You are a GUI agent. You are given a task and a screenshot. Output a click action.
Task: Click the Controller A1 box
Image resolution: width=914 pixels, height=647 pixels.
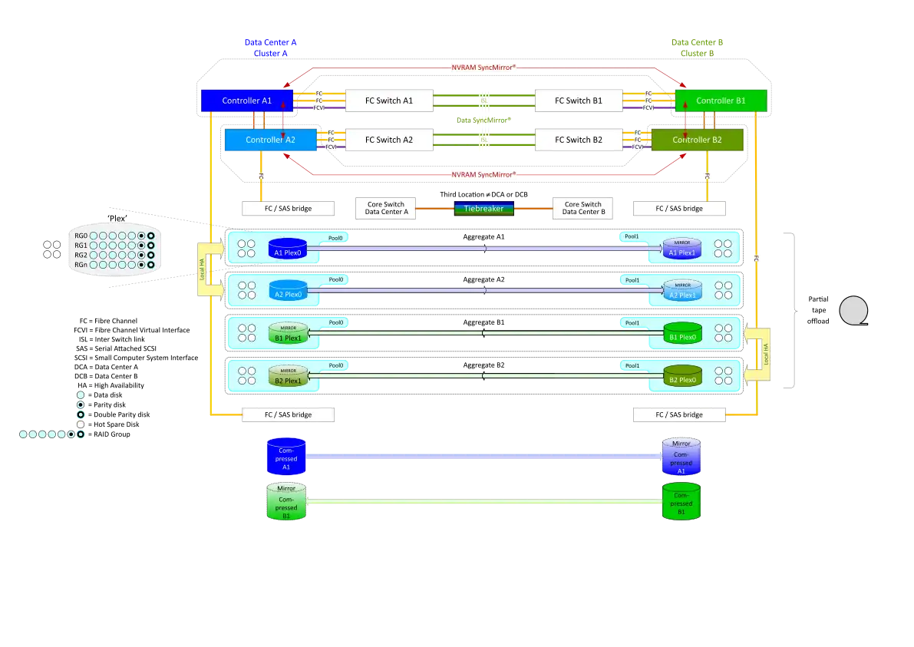(246, 101)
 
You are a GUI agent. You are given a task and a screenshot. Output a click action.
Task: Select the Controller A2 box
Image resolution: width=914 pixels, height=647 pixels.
(270, 140)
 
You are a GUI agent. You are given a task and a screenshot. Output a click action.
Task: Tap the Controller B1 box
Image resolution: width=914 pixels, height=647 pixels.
(721, 101)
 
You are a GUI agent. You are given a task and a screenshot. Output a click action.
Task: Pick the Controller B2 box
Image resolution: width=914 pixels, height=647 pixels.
(697, 140)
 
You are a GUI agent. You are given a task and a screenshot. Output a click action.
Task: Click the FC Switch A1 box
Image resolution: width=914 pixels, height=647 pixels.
(389, 101)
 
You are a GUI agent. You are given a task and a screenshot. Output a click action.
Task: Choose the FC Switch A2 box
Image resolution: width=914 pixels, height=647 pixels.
(389, 140)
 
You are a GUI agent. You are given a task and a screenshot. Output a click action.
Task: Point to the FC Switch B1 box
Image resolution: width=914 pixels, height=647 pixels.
(579, 101)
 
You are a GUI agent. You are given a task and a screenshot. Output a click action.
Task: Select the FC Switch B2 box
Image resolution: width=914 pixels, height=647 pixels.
(579, 140)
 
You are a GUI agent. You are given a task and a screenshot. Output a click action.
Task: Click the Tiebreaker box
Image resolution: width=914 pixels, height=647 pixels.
(483, 208)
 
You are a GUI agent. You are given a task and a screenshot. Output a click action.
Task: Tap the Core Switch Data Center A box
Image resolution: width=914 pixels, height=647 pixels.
(385, 208)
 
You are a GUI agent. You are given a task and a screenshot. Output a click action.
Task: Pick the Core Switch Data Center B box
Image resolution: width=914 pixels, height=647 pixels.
(583, 208)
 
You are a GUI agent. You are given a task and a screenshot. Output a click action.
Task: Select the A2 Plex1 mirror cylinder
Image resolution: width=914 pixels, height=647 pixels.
(682, 291)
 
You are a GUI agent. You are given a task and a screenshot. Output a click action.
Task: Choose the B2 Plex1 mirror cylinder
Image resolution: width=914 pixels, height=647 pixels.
(288, 375)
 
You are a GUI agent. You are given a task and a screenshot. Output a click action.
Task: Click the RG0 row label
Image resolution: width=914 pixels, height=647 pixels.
(81, 236)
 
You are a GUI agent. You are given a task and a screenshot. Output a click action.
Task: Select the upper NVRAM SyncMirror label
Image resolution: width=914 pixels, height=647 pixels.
(483, 68)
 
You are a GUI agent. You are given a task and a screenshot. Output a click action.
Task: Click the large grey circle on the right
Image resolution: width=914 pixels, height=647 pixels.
(853, 311)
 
